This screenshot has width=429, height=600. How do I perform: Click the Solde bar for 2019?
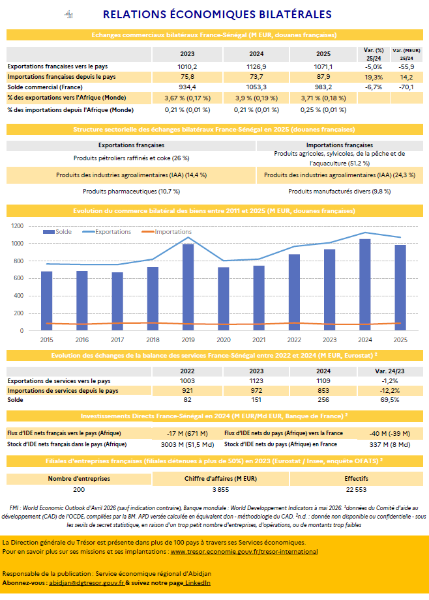(188, 287)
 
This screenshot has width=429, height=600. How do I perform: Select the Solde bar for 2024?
(365, 285)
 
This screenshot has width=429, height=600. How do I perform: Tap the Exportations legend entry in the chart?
(107, 232)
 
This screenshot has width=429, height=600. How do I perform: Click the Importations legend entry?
(167, 232)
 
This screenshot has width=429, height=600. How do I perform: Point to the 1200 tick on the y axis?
(17, 226)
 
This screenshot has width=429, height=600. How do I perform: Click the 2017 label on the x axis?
(117, 340)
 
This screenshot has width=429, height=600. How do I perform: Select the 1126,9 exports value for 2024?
(256, 66)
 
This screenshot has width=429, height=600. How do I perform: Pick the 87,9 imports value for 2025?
(323, 77)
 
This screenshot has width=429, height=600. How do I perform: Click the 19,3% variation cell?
(374, 77)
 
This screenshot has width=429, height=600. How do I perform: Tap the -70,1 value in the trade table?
(406, 87)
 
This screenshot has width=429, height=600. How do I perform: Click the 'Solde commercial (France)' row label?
(45, 87)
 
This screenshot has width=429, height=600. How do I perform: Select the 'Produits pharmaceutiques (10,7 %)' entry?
(132, 192)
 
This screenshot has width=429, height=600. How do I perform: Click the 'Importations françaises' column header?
(340, 145)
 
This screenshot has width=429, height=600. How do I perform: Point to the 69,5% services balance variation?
(390, 400)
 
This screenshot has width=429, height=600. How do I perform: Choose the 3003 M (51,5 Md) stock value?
(187, 445)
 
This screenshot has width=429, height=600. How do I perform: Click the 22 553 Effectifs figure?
(356, 490)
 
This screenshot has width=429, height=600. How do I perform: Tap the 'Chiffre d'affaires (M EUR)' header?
(220, 479)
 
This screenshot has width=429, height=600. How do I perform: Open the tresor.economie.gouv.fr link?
(244, 552)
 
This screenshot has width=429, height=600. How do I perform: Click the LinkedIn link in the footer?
(198, 583)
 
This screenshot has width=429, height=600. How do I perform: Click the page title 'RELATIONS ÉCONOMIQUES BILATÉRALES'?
(217, 14)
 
